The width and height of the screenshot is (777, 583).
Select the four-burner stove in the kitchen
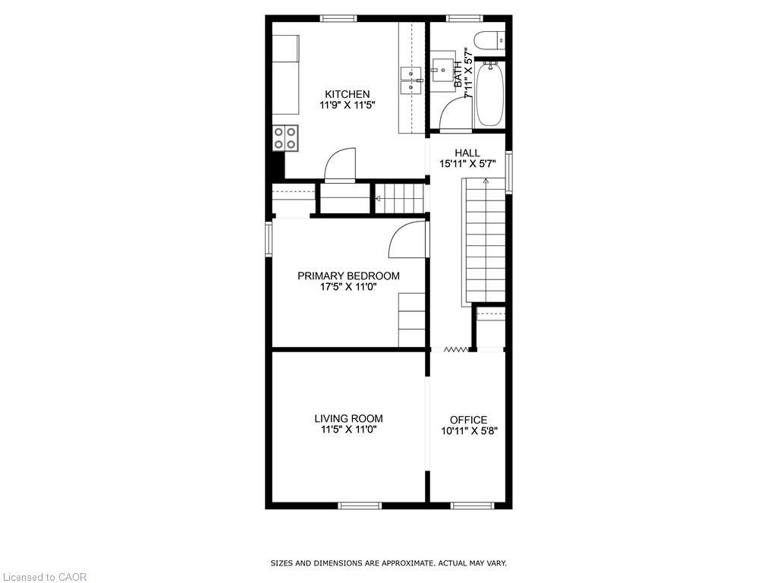(x=285, y=137)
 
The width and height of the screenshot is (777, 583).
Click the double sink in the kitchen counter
(x=411, y=80)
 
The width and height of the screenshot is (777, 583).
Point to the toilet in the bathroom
(x=486, y=39)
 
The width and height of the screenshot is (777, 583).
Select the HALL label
(x=467, y=153)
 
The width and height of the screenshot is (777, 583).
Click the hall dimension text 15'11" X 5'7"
(x=467, y=163)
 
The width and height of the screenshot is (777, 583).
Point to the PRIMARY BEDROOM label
(x=348, y=276)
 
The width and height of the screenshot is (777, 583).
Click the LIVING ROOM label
(x=348, y=418)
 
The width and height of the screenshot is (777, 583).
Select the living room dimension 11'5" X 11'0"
(x=348, y=430)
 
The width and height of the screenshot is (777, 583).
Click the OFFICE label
(x=468, y=420)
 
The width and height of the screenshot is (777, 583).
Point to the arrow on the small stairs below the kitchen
(x=378, y=200)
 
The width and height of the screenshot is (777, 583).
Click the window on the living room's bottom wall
(x=360, y=505)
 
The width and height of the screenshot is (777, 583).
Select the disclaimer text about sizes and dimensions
(x=388, y=563)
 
